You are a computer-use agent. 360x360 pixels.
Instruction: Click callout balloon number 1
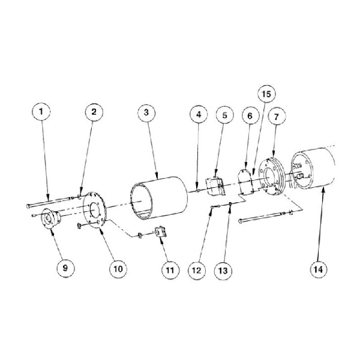[41, 112]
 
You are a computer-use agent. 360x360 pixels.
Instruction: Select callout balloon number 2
[94, 112]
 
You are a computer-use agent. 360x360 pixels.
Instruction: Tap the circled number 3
[146, 113]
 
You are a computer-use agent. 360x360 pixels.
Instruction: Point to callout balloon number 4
[199, 115]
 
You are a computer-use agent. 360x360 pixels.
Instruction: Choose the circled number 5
[225, 115]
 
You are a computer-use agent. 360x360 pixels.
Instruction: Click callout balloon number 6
[250, 116]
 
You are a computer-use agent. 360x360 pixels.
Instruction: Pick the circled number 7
[277, 117]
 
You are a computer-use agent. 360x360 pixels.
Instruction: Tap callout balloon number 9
[65, 268]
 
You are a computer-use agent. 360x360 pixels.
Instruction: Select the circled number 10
[118, 269]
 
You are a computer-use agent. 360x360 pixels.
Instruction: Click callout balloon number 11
[170, 270]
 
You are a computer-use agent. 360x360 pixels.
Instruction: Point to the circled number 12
[197, 270]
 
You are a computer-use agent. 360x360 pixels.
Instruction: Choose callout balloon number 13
[223, 271]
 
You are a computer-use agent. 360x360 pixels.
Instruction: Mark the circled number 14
[319, 269]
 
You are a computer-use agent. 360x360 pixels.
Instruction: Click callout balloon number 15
[266, 94]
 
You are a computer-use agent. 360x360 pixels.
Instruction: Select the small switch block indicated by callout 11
[161, 232]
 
